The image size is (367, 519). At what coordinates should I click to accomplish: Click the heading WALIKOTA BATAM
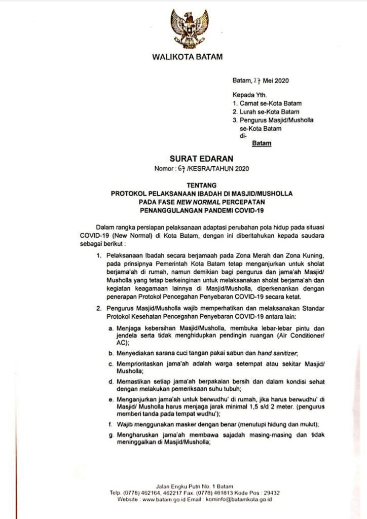coord(187,57)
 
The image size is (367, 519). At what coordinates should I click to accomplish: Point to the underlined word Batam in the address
coord(262,143)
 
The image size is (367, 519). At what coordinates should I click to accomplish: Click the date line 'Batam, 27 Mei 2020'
coord(261,81)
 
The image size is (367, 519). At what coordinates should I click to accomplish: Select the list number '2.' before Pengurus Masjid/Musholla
coord(99,308)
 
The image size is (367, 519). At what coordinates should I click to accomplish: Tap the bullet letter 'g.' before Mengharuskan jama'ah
coord(111,434)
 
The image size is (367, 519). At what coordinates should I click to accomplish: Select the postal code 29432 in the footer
coord(271,493)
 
